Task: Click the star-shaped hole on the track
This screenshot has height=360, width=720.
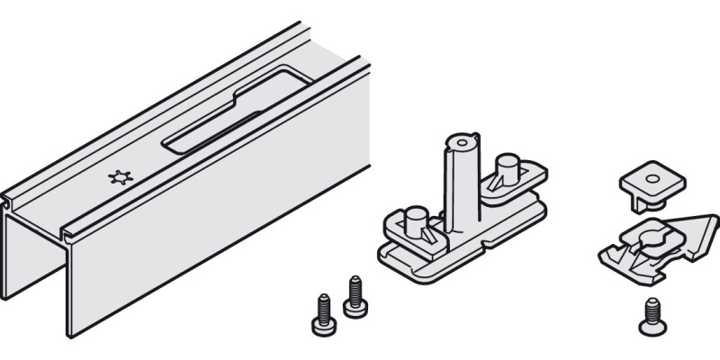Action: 118,178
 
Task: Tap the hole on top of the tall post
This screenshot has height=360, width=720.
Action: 462,142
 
